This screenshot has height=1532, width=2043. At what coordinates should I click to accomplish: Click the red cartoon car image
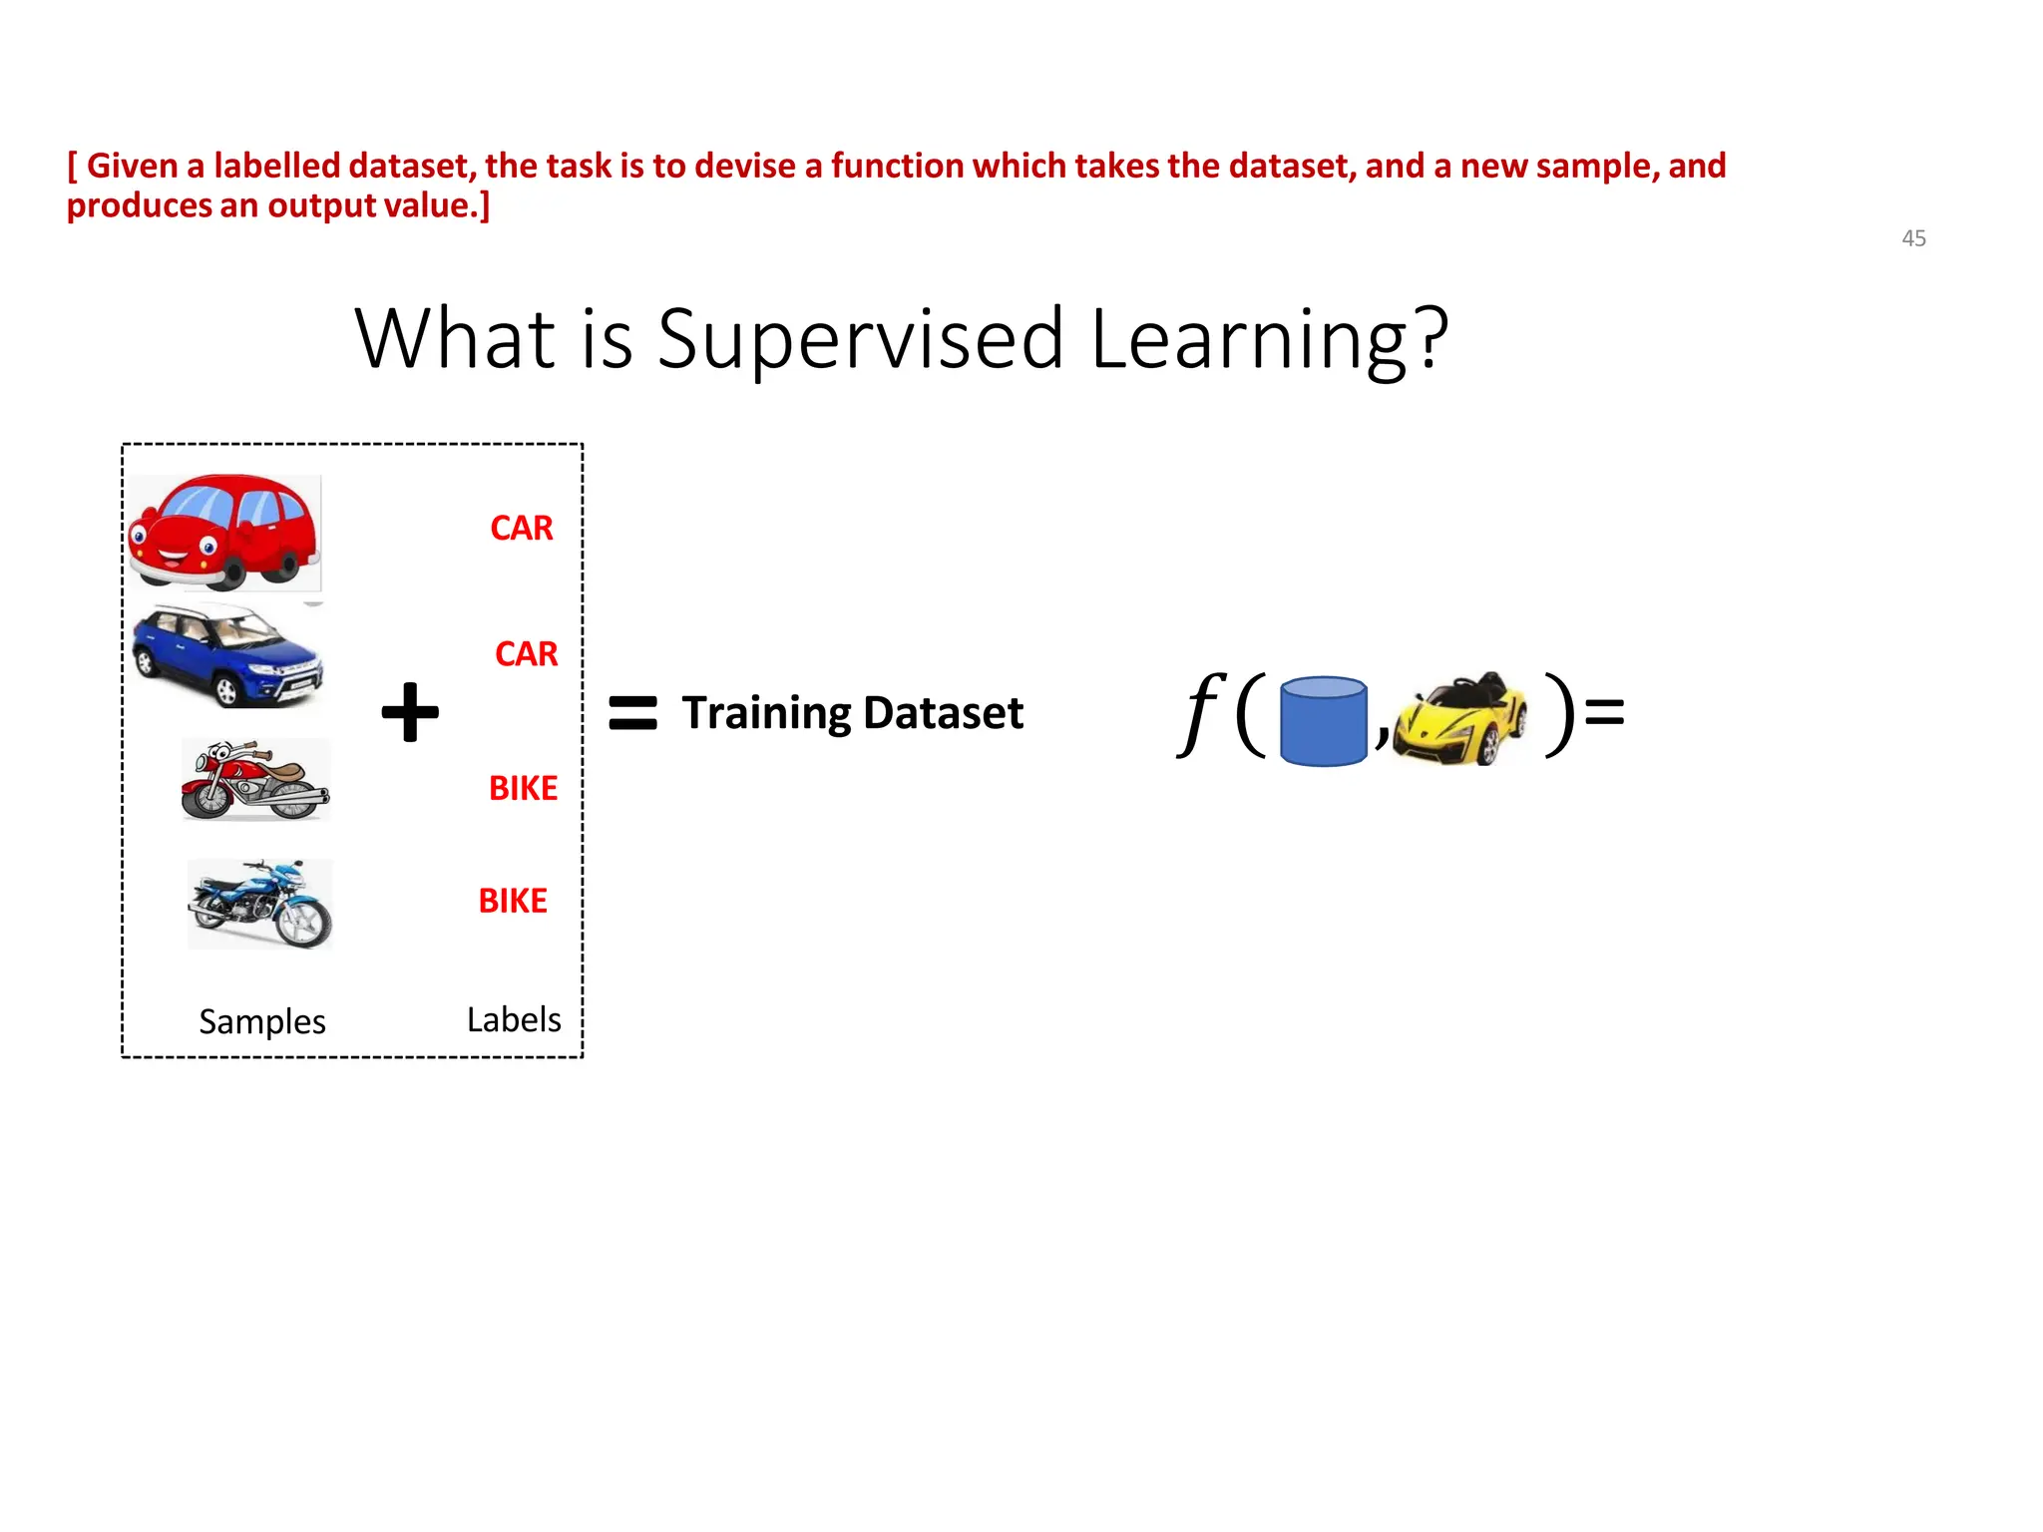224,532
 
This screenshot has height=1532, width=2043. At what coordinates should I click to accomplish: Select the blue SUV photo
228,655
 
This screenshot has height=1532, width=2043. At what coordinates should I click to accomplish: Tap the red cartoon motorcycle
255,780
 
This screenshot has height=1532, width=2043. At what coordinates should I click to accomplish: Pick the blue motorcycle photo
260,904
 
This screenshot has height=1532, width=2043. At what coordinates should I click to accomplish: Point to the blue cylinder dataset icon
1323,721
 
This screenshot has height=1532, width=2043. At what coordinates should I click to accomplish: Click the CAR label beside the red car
521,528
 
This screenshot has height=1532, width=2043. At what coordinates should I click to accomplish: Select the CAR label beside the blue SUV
526,654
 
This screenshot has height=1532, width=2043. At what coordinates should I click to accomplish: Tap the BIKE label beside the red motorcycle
523,788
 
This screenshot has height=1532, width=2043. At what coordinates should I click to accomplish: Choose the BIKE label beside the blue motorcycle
513,901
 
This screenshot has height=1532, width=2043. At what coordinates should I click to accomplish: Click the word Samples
262,1021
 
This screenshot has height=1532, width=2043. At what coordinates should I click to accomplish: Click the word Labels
514,1019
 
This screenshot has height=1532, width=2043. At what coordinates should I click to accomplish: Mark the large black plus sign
410,712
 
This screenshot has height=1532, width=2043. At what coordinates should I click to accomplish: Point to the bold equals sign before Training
632,713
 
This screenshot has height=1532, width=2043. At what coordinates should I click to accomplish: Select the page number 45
1913,238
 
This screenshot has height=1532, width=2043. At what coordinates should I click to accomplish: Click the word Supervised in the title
860,339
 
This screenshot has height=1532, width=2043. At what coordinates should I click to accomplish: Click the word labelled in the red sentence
276,166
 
